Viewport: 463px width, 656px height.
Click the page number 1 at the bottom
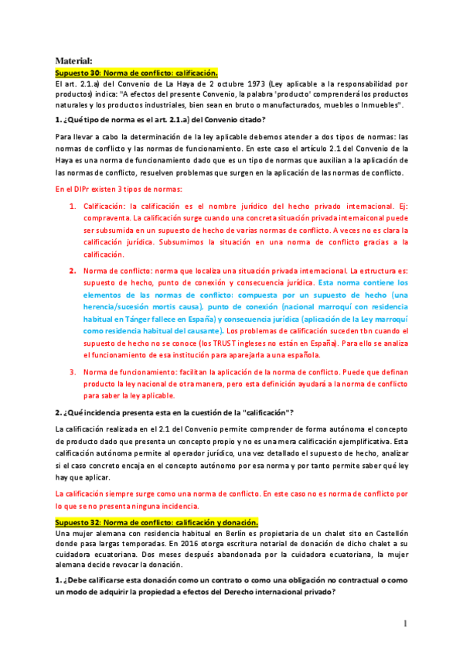(404, 624)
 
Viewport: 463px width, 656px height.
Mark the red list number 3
(73, 372)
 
